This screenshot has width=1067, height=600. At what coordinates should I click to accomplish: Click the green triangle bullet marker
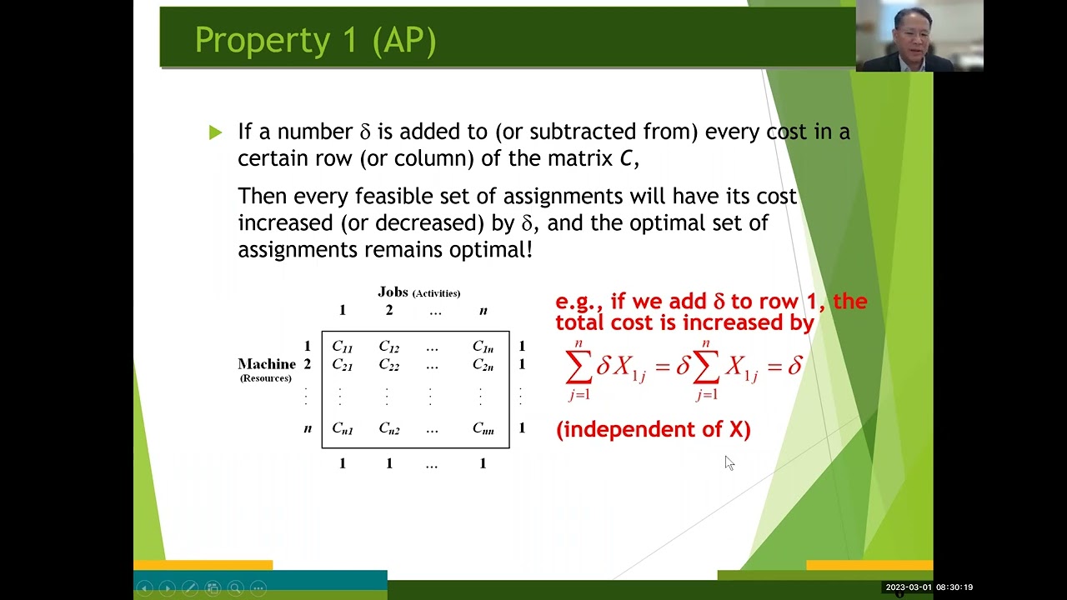tap(216, 132)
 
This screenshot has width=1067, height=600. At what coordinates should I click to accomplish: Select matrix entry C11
tap(342, 347)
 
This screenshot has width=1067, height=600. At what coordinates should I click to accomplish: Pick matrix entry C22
tap(388, 365)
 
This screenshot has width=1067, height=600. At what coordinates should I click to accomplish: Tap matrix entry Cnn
tap(483, 429)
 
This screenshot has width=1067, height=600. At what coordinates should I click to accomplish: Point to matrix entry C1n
tap(483, 347)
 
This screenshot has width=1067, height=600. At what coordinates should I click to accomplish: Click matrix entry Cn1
tap(342, 429)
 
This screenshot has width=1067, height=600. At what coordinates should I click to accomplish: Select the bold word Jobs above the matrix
tap(393, 292)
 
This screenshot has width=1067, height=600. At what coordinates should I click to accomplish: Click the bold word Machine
tap(266, 364)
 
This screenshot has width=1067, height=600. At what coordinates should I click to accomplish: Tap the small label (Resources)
tap(266, 378)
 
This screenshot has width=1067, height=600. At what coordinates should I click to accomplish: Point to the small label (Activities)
tap(436, 293)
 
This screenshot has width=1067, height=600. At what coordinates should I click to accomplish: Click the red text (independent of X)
tap(653, 429)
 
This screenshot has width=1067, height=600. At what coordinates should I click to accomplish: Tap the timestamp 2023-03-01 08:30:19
tap(929, 587)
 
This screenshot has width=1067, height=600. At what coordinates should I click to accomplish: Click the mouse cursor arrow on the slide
tap(729, 462)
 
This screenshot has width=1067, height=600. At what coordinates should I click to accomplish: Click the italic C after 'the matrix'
tap(626, 158)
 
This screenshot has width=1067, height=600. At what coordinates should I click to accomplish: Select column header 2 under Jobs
tap(388, 311)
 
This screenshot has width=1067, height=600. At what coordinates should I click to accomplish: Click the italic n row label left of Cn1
tap(308, 428)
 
